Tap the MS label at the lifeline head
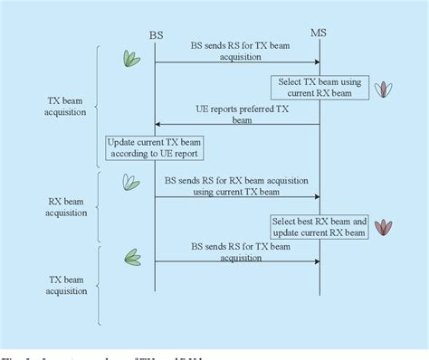tap(319, 33)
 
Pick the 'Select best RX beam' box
tap(319, 226)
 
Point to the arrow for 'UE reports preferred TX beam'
tap(237, 124)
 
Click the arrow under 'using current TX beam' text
tap(237, 195)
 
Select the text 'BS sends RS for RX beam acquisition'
tap(237, 181)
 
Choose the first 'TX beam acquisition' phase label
tap(66, 107)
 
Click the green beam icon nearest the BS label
tap(131, 58)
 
